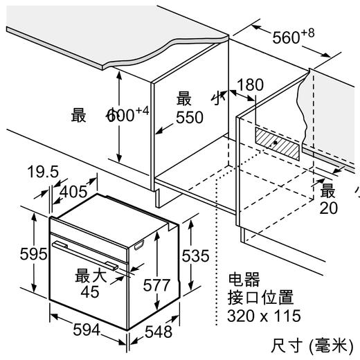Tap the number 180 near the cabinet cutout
(x=250, y=85)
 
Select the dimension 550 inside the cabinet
(x=189, y=118)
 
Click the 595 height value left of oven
(x=15, y=254)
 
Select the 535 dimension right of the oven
(x=195, y=255)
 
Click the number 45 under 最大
(x=90, y=292)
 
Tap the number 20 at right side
(x=329, y=208)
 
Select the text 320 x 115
(x=264, y=316)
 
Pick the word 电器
(x=242, y=280)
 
